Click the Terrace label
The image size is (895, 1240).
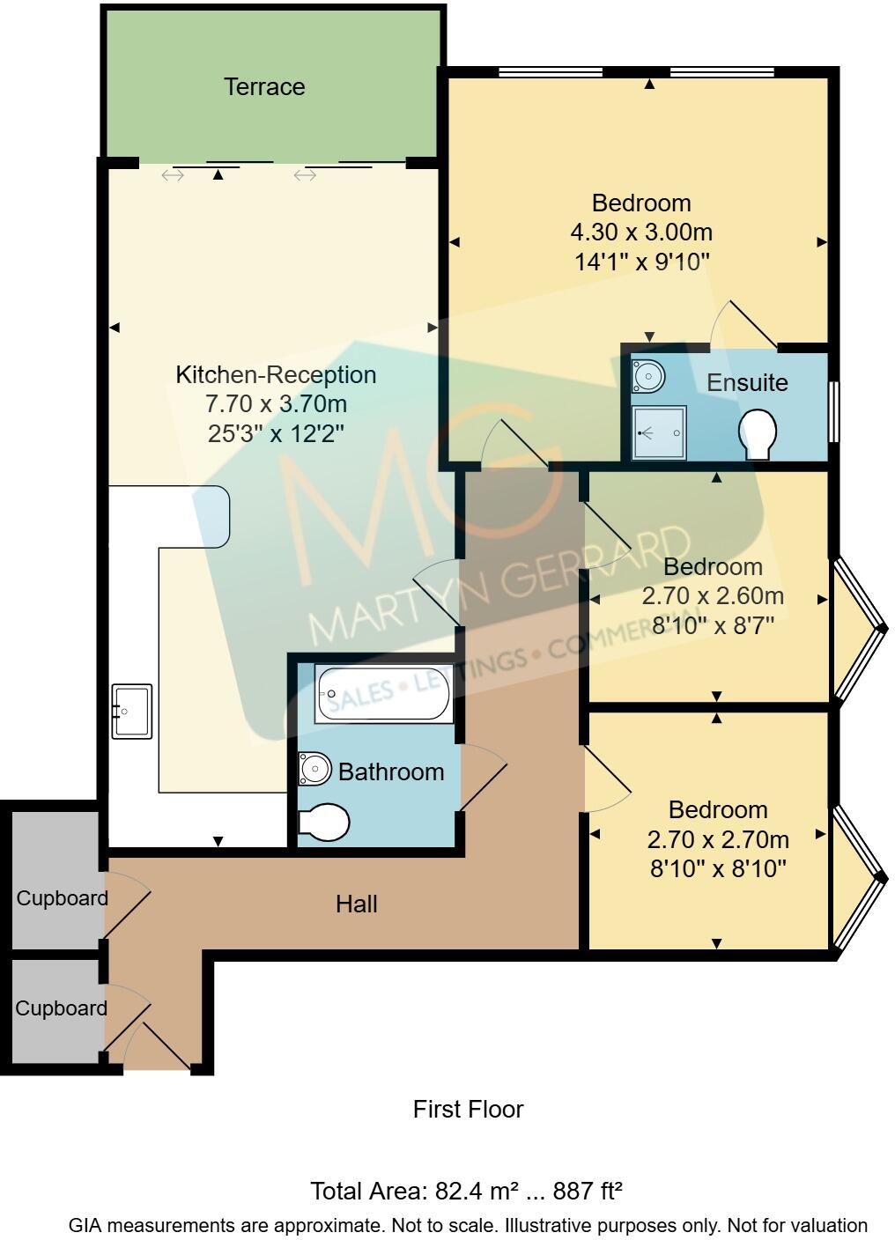[264, 86]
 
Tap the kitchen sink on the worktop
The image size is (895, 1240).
[131, 710]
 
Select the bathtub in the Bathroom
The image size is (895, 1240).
[384, 695]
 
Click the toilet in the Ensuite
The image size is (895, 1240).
[758, 433]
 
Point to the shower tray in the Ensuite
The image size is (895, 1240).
[658, 432]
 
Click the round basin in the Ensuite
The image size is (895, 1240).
[648, 376]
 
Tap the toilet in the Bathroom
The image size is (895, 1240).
[323, 823]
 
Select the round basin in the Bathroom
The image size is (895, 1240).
[313, 769]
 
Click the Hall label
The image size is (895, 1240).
[356, 904]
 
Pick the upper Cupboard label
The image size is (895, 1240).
[62, 898]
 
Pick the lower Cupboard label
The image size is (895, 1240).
[61, 1008]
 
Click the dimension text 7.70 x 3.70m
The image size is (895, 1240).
[276, 404]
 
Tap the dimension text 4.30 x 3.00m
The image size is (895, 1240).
[641, 232]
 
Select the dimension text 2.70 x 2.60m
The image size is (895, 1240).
[713, 596]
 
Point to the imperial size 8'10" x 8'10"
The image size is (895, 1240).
[718, 869]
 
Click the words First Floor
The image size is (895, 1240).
[468, 1109]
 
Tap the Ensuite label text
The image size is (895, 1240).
[747, 382]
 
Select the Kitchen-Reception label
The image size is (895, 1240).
[276, 374]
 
